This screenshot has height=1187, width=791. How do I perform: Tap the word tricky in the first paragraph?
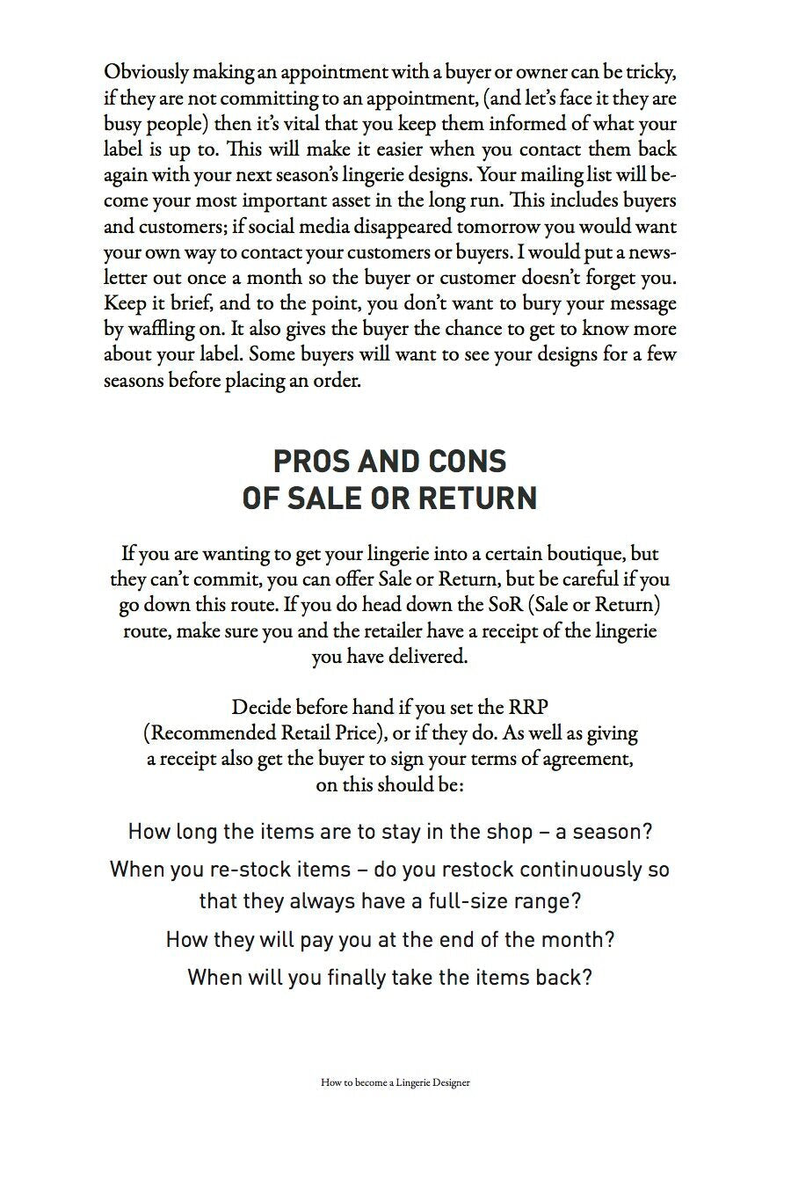[x=649, y=71]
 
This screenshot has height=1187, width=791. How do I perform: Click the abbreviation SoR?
[x=504, y=605]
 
